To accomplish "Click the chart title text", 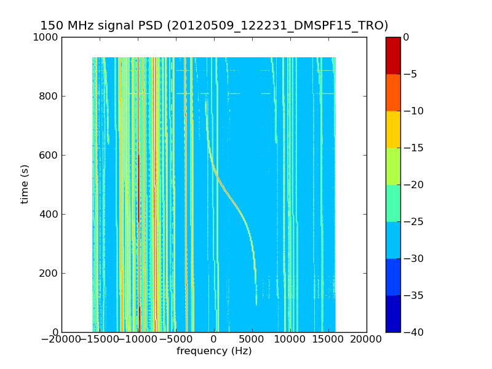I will [214, 26].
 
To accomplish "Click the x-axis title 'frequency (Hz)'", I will [214, 351].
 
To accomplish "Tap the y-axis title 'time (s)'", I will [25, 184].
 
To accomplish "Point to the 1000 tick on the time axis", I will [47, 37].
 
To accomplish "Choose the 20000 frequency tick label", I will [367, 339].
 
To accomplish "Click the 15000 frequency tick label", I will [328, 339].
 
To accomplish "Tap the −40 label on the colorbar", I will [414, 332].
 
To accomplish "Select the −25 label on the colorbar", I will [414, 221].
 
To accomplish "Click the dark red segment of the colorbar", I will [393, 55].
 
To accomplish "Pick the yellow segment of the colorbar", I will [393, 129].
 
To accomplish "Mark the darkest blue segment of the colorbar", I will [393, 314].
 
